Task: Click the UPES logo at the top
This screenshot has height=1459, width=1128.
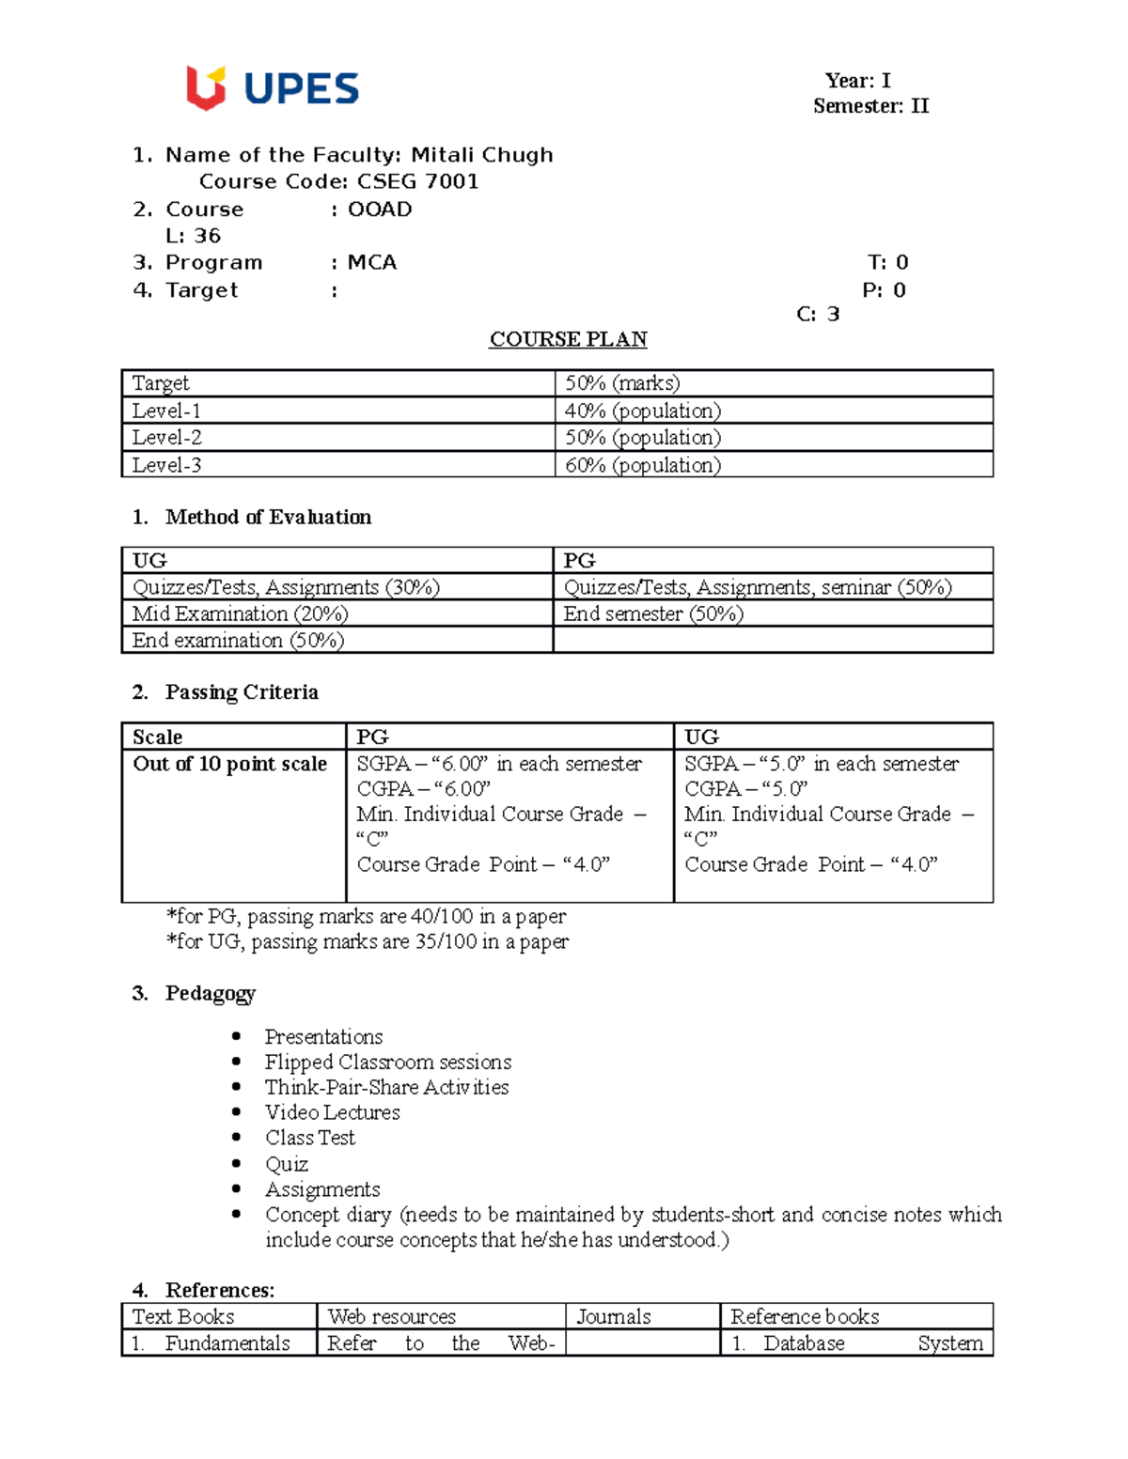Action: point(273,88)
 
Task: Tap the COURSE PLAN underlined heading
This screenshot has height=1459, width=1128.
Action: point(568,339)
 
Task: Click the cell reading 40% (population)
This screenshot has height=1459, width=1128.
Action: point(642,411)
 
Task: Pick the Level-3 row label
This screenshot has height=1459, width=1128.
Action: point(166,465)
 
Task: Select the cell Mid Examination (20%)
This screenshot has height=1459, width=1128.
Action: point(240,613)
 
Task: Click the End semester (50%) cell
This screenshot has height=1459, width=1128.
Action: point(653,613)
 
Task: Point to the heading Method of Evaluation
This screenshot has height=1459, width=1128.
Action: point(268,517)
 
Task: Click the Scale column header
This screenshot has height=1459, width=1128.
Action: point(157,737)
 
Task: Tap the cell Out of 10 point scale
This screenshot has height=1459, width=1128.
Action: point(229,764)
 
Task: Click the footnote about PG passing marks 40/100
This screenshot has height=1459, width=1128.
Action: point(366,916)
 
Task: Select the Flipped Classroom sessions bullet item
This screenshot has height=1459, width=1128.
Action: point(387,1062)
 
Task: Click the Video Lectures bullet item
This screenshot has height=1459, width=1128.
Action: point(332,1112)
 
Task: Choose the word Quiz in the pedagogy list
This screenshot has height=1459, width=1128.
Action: point(286,1164)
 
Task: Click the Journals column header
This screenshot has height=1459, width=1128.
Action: point(613,1316)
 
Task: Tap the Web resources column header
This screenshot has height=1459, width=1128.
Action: point(391,1316)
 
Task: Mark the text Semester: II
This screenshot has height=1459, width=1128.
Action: point(870,106)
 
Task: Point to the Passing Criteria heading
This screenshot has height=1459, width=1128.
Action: point(242,692)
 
